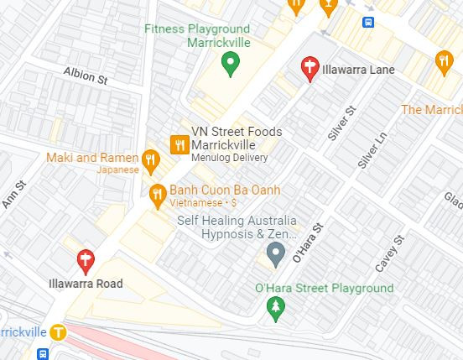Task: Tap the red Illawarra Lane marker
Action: [x=310, y=68]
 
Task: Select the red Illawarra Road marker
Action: [x=85, y=261]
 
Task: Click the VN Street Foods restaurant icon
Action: [x=179, y=144]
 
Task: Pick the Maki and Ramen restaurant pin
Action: [x=151, y=159]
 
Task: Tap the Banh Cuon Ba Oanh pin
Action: [x=157, y=196]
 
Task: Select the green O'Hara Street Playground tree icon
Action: [x=275, y=310]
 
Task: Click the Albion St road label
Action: [x=86, y=76]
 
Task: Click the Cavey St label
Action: [x=390, y=253]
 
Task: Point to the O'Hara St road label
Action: [x=307, y=243]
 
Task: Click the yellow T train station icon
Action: [x=57, y=331]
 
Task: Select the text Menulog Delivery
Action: [x=230, y=158]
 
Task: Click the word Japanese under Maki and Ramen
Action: [x=117, y=170]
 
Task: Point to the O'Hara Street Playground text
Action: [x=324, y=289]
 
